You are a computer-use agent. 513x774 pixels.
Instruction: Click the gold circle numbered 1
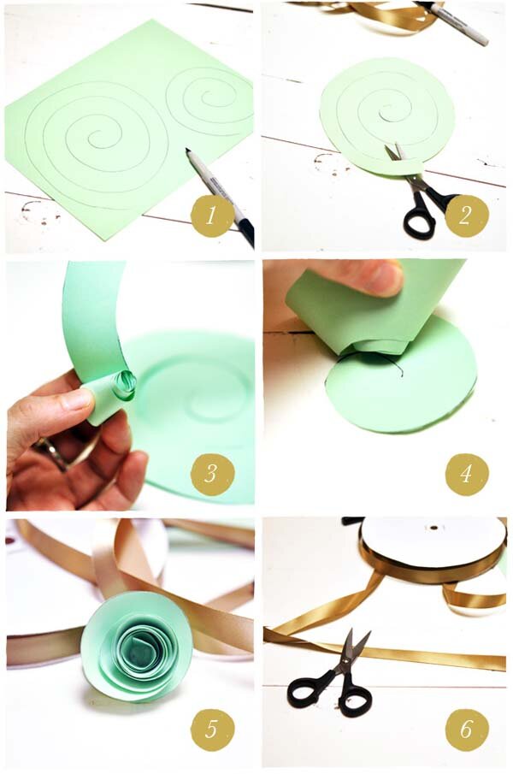click(212, 216)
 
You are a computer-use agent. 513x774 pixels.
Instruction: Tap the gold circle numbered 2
click(467, 216)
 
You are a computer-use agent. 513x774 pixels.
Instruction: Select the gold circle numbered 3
click(212, 474)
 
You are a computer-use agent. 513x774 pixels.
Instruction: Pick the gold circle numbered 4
click(467, 474)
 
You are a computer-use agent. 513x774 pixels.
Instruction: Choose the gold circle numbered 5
click(212, 729)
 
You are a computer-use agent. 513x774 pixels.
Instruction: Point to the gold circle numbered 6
click(467, 729)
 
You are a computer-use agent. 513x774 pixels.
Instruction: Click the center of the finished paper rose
click(133, 652)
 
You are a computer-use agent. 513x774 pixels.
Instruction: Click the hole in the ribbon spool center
click(434, 527)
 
